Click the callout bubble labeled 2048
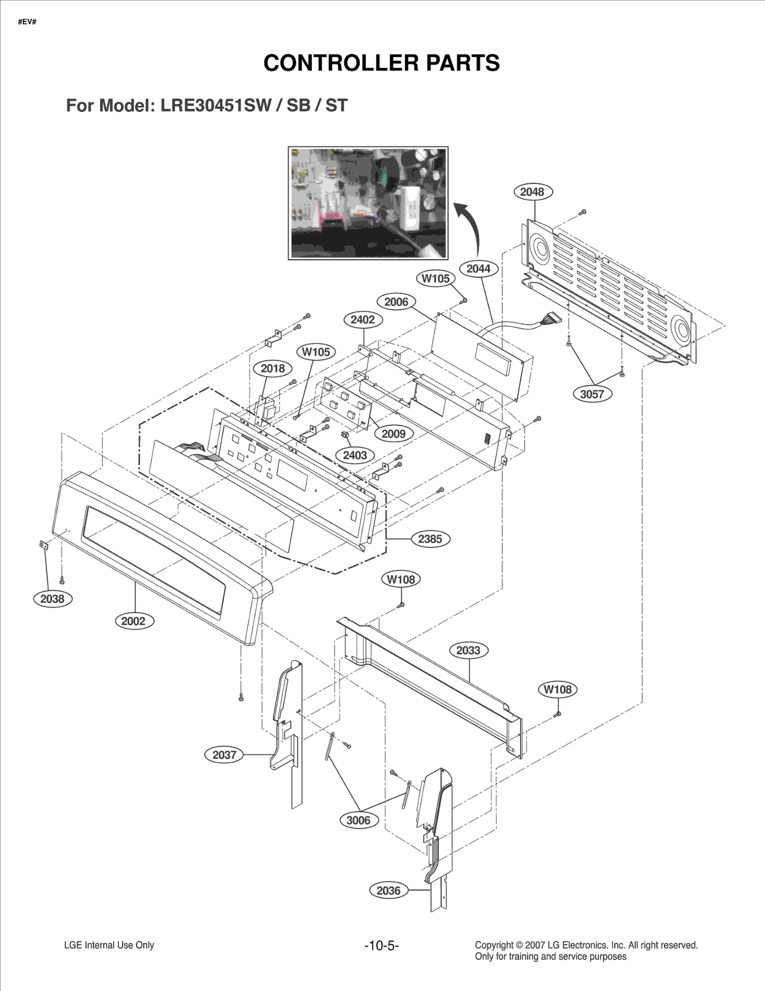coord(533,192)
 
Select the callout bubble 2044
coord(478,269)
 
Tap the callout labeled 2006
coord(396,302)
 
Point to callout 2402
coord(363,320)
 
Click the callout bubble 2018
coord(273,368)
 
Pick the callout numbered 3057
coord(592,394)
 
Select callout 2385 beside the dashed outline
coord(430,539)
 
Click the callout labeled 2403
coord(355,455)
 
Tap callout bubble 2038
coord(52,599)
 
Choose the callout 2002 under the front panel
coord(133,621)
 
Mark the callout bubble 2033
coord(468,650)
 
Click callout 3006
coord(358,820)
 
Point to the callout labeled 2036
coord(388,891)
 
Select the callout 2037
coord(224,755)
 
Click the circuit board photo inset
coord(368,203)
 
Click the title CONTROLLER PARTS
coord(381,63)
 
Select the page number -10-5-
coord(381,945)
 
